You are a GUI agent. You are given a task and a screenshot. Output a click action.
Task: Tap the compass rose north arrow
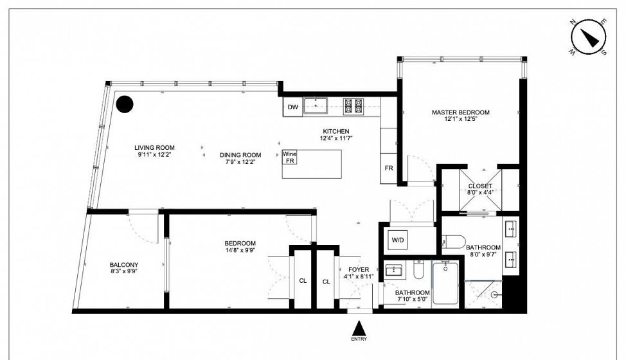pyautogui.click(x=589, y=37)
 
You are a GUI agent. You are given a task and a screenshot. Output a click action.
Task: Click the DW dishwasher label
pyautogui.click(x=293, y=107)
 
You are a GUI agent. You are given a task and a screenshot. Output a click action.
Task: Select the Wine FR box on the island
pyautogui.click(x=289, y=157)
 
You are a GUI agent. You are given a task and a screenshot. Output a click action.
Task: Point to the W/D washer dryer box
pyautogui.click(x=398, y=240)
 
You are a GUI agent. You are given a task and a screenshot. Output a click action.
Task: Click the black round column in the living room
pyautogui.click(x=125, y=104)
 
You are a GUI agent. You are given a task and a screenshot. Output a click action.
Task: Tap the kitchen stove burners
pyautogui.click(x=353, y=106)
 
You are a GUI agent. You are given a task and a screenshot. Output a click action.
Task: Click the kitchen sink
pyautogui.click(x=316, y=106)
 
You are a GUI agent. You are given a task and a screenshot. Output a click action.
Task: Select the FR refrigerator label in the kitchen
pyautogui.click(x=389, y=168)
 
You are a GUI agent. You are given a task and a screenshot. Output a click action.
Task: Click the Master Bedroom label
pyautogui.click(x=461, y=113)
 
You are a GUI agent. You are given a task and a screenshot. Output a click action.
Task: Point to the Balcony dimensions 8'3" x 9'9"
pyautogui.click(x=124, y=271)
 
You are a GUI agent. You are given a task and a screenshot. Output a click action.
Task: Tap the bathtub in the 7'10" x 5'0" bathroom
pyautogui.click(x=445, y=283)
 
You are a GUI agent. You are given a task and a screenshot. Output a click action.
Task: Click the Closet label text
pyautogui.click(x=480, y=186)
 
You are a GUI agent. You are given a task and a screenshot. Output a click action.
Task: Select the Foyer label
pyautogui.click(x=359, y=270)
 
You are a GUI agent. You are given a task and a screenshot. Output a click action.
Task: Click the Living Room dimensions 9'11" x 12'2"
pyautogui.click(x=154, y=154)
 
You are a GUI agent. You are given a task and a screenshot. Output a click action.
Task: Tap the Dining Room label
pyautogui.click(x=240, y=155)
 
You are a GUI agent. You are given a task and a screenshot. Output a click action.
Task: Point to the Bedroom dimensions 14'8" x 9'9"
pyautogui.click(x=240, y=250)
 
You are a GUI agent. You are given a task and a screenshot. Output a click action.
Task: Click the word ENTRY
pyautogui.click(x=359, y=339)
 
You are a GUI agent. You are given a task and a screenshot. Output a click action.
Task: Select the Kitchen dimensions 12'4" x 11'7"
pyautogui.click(x=336, y=138)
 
